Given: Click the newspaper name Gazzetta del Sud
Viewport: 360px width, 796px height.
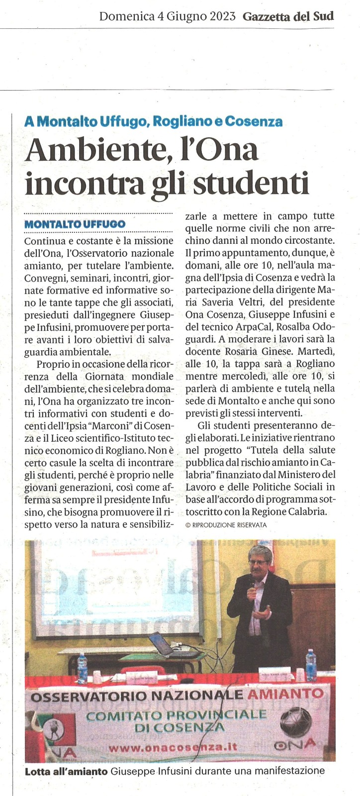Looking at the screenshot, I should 288,16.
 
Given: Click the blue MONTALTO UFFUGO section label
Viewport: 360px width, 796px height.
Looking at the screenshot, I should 75,224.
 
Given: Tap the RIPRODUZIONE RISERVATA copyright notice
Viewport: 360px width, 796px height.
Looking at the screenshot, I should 226,525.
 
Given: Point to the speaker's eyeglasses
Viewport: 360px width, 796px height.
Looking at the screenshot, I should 258,563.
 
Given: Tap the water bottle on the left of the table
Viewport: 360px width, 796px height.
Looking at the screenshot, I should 82,668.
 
